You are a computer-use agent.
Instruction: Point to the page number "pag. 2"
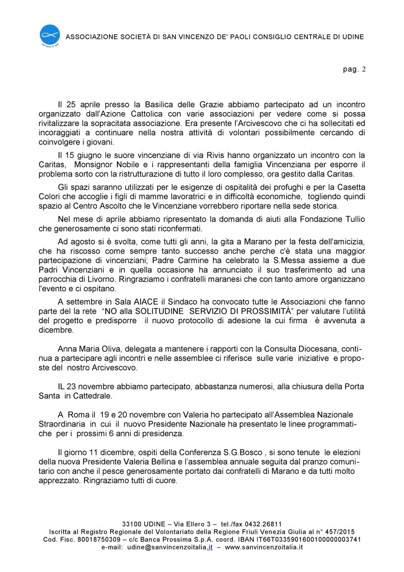click(354, 69)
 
